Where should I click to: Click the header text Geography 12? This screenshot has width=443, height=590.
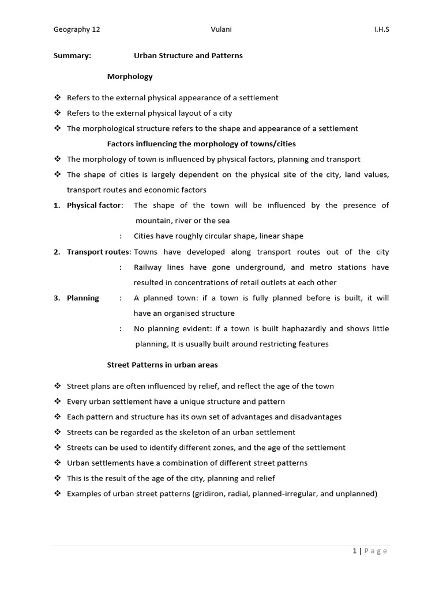(x=77, y=30)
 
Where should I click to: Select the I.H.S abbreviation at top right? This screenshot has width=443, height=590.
(x=381, y=30)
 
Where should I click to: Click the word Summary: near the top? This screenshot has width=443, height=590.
(x=72, y=56)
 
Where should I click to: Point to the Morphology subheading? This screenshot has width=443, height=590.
(x=130, y=76)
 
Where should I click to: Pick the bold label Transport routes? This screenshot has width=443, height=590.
(x=99, y=252)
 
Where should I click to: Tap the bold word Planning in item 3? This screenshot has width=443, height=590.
(x=82, y=298)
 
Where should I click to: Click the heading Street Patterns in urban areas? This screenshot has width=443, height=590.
(x=163, y=365)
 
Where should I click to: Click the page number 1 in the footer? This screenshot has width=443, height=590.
(x=355, y=551)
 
